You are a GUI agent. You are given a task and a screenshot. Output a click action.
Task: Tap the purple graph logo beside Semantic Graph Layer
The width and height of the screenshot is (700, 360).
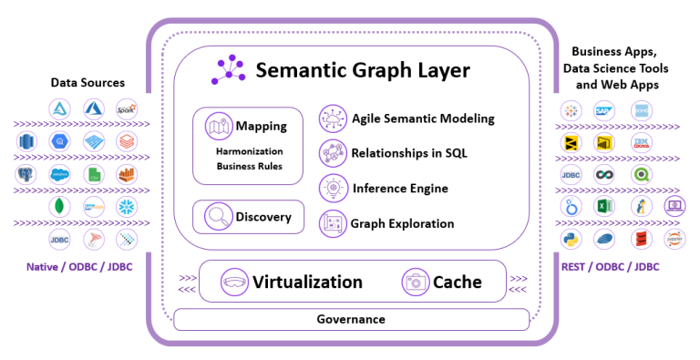click(230, 70)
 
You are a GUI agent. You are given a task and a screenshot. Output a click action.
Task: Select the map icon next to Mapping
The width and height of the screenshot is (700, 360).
click(219, 126)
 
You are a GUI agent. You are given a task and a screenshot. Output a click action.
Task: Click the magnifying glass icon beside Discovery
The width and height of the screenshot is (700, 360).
click(219, 217)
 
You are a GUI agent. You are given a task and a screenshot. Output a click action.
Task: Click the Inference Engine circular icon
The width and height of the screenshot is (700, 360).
click(332, 188)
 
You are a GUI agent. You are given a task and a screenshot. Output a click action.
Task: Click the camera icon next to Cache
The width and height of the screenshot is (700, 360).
click(416, 282)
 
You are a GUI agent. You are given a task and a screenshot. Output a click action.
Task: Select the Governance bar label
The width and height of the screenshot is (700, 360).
click(351, 319)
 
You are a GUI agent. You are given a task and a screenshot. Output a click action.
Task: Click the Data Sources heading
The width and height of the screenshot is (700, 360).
click(87, 83)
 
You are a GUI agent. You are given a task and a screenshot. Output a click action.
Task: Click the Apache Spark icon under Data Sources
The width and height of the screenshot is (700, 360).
click(127, 108)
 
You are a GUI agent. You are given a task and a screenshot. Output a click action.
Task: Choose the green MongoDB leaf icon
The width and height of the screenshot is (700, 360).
click(59, 207)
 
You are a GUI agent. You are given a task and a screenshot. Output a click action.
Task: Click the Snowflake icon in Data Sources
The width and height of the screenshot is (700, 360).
click(128, 207)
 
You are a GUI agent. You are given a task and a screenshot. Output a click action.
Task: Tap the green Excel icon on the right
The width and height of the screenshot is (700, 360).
click(602, 206)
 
